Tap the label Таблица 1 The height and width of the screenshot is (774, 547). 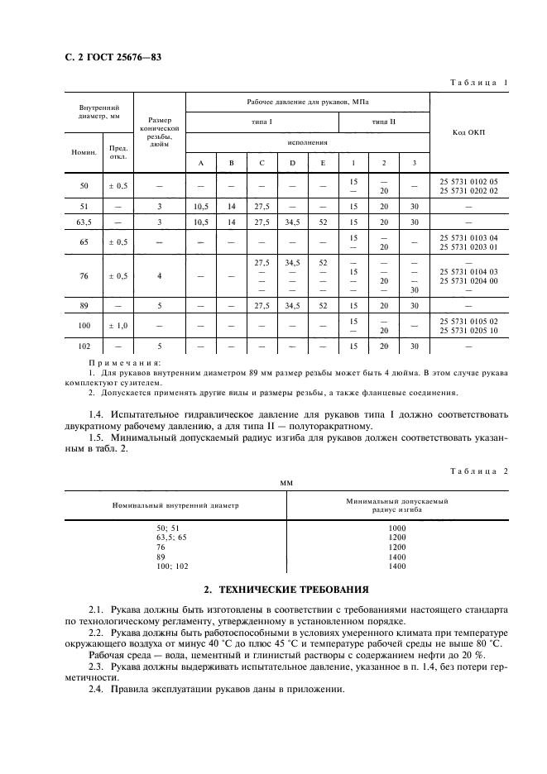(x=479, y=82)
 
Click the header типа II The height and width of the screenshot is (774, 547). (x=384, y=122)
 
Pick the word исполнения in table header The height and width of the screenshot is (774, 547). (x=307, y=142)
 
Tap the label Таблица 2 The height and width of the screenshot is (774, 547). (x=479, y=470)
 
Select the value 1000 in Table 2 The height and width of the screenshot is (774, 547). (x=397, y=527)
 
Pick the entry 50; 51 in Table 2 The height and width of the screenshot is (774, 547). (x=168, y=527)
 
